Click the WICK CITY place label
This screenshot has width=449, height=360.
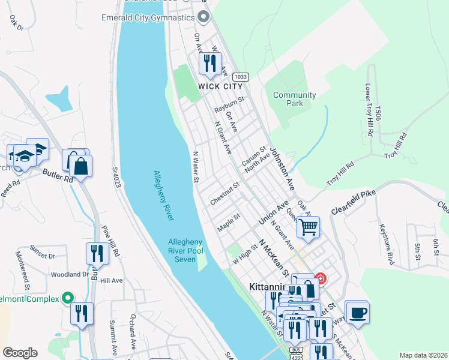[220, 86]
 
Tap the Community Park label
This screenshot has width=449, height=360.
[294, 99]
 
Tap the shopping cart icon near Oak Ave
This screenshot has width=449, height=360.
[308, 227]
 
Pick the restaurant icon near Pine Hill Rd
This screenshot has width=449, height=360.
[96, 253]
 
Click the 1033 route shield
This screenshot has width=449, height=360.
[241, 77]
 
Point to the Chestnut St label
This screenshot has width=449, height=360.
[225, 194]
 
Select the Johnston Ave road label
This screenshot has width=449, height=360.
[282, 170]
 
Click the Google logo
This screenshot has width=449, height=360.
[20, 353]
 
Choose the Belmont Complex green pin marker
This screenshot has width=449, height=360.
[68, 298]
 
